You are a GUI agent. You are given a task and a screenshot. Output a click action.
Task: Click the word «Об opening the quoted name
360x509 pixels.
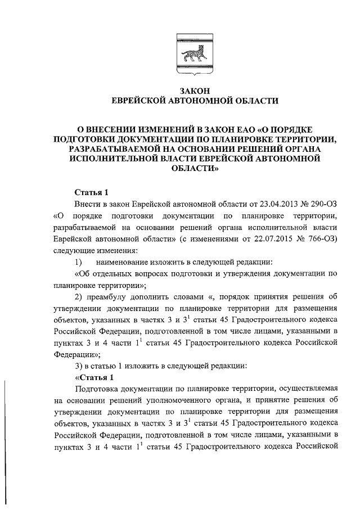83,274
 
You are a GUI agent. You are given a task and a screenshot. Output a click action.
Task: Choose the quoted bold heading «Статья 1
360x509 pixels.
94,376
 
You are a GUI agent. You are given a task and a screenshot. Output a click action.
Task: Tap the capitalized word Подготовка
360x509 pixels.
98,389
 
